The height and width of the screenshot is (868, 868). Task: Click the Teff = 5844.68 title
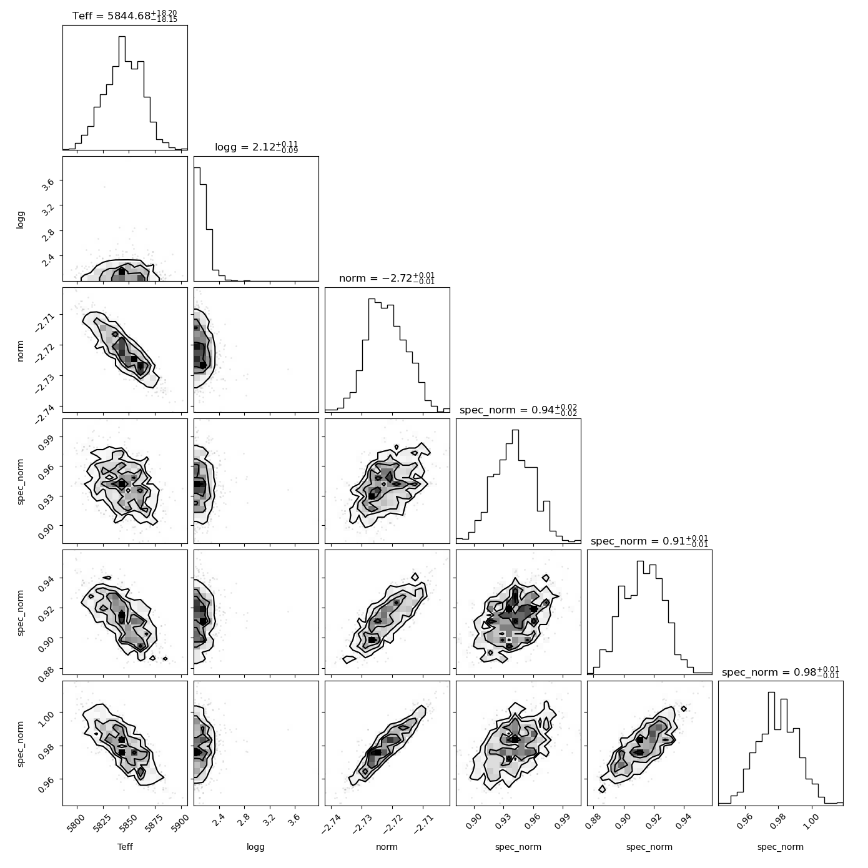(x=125, y=16)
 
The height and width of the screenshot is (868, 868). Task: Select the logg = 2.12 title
(x=256, y=147)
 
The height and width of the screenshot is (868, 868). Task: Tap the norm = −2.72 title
(x=387, y=278)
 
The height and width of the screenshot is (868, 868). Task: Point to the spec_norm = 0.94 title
(x=518, y=410)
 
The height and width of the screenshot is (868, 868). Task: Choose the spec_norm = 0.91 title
(x=649, y=541)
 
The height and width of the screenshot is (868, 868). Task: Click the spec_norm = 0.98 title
(x=781, y=672)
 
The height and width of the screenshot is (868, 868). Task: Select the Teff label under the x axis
(x=125, y=846)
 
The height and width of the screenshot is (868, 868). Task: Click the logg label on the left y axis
(x=20, y=219)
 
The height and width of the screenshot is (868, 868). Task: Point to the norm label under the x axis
(x=387, y=847)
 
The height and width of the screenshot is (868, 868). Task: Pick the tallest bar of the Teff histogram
(x=122, y=93)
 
